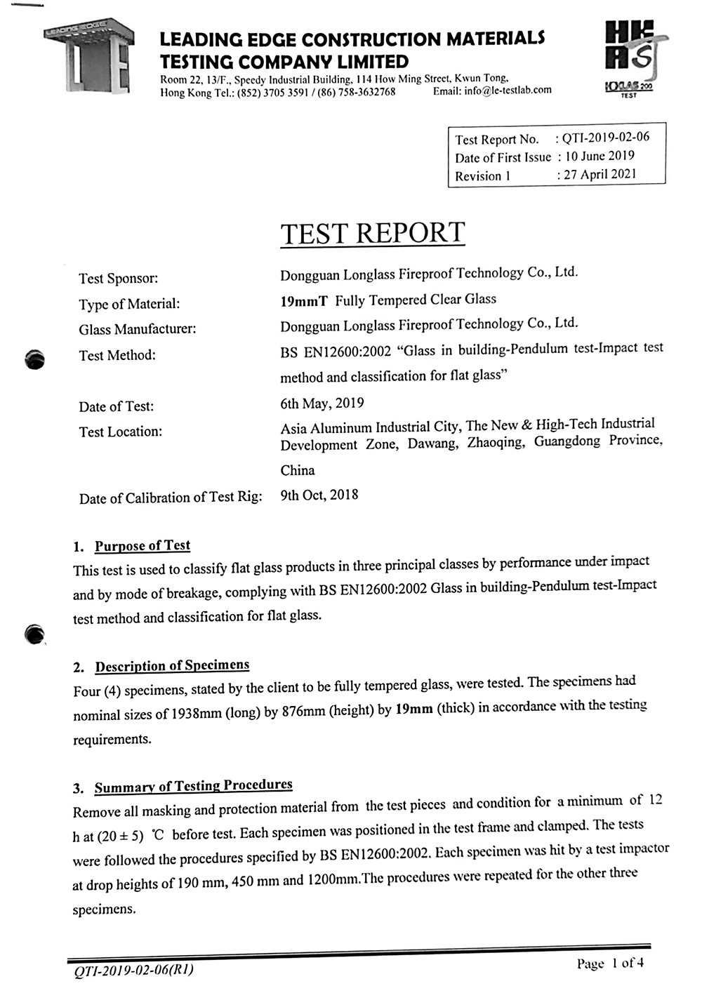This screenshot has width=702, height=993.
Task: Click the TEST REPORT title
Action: (373, 234)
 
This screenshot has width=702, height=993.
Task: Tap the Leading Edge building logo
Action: (88, 60)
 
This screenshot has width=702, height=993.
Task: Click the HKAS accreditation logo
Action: (629, 60)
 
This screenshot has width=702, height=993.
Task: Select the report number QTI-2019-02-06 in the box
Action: (606, 138)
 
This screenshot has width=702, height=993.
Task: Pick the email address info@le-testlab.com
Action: (508, 90)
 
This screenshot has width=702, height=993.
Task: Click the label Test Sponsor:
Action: (118, 279)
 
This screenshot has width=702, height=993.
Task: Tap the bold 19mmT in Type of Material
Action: (303, 302)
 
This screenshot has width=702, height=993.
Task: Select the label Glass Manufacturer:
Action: (138, 329)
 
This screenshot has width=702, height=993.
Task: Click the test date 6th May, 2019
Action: (322, 404)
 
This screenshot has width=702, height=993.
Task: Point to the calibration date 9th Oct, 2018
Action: (319, 495)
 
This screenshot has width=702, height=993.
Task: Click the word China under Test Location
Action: (298, 470)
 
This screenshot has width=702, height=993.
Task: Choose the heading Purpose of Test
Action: (143, 546)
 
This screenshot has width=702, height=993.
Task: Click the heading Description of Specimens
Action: (172, 665)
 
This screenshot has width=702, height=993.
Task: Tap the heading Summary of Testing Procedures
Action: (193, 786)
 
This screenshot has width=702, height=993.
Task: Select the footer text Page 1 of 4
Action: (610, 963)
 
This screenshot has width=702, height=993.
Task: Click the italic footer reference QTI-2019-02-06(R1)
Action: (133, 971)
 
